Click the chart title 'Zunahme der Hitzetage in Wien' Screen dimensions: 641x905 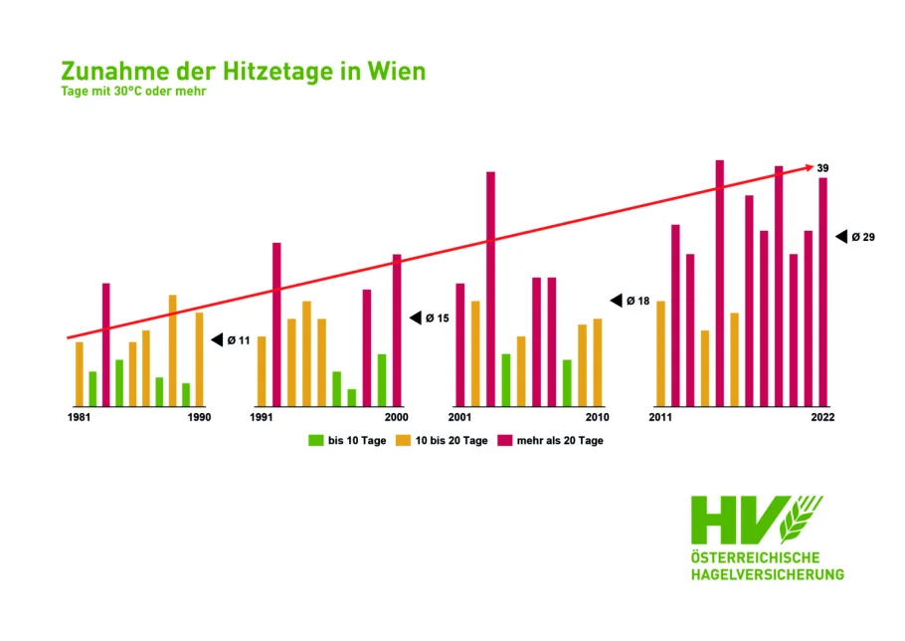[243, 72]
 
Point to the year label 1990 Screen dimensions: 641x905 [199, 417]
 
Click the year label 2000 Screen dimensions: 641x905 [396, 417]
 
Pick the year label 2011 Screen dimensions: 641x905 [660, 417]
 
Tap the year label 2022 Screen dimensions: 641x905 [821, 417]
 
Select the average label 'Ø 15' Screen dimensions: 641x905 [438, 319]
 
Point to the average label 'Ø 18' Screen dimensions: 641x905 [636, 301]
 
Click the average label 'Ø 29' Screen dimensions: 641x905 [862, 237]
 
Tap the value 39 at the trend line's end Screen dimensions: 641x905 [822, 168]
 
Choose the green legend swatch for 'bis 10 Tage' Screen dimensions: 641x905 [316, 440]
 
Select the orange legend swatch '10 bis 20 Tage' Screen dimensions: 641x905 [404, 440]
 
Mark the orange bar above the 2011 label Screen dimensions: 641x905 [660, 353]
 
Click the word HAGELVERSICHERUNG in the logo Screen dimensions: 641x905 [767, 574]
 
